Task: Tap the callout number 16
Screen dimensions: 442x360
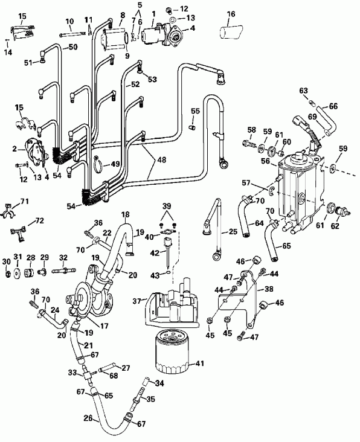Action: click(x=231, y=13)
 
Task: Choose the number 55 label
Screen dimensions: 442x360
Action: click(x=194, y=111)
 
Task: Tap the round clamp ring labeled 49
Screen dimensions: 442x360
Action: click(x=100, y=162)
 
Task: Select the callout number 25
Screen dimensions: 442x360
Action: click(x=233, y=232)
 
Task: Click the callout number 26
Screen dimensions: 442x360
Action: click(x=88, y=418)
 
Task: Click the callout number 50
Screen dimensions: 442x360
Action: click(x=74, y=46)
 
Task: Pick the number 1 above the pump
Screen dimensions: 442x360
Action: click(x=153, y=13)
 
